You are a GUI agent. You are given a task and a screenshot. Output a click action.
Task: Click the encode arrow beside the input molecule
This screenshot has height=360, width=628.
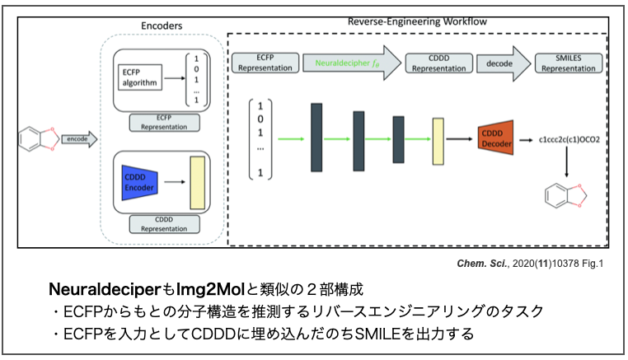click(x=79, y=139)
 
